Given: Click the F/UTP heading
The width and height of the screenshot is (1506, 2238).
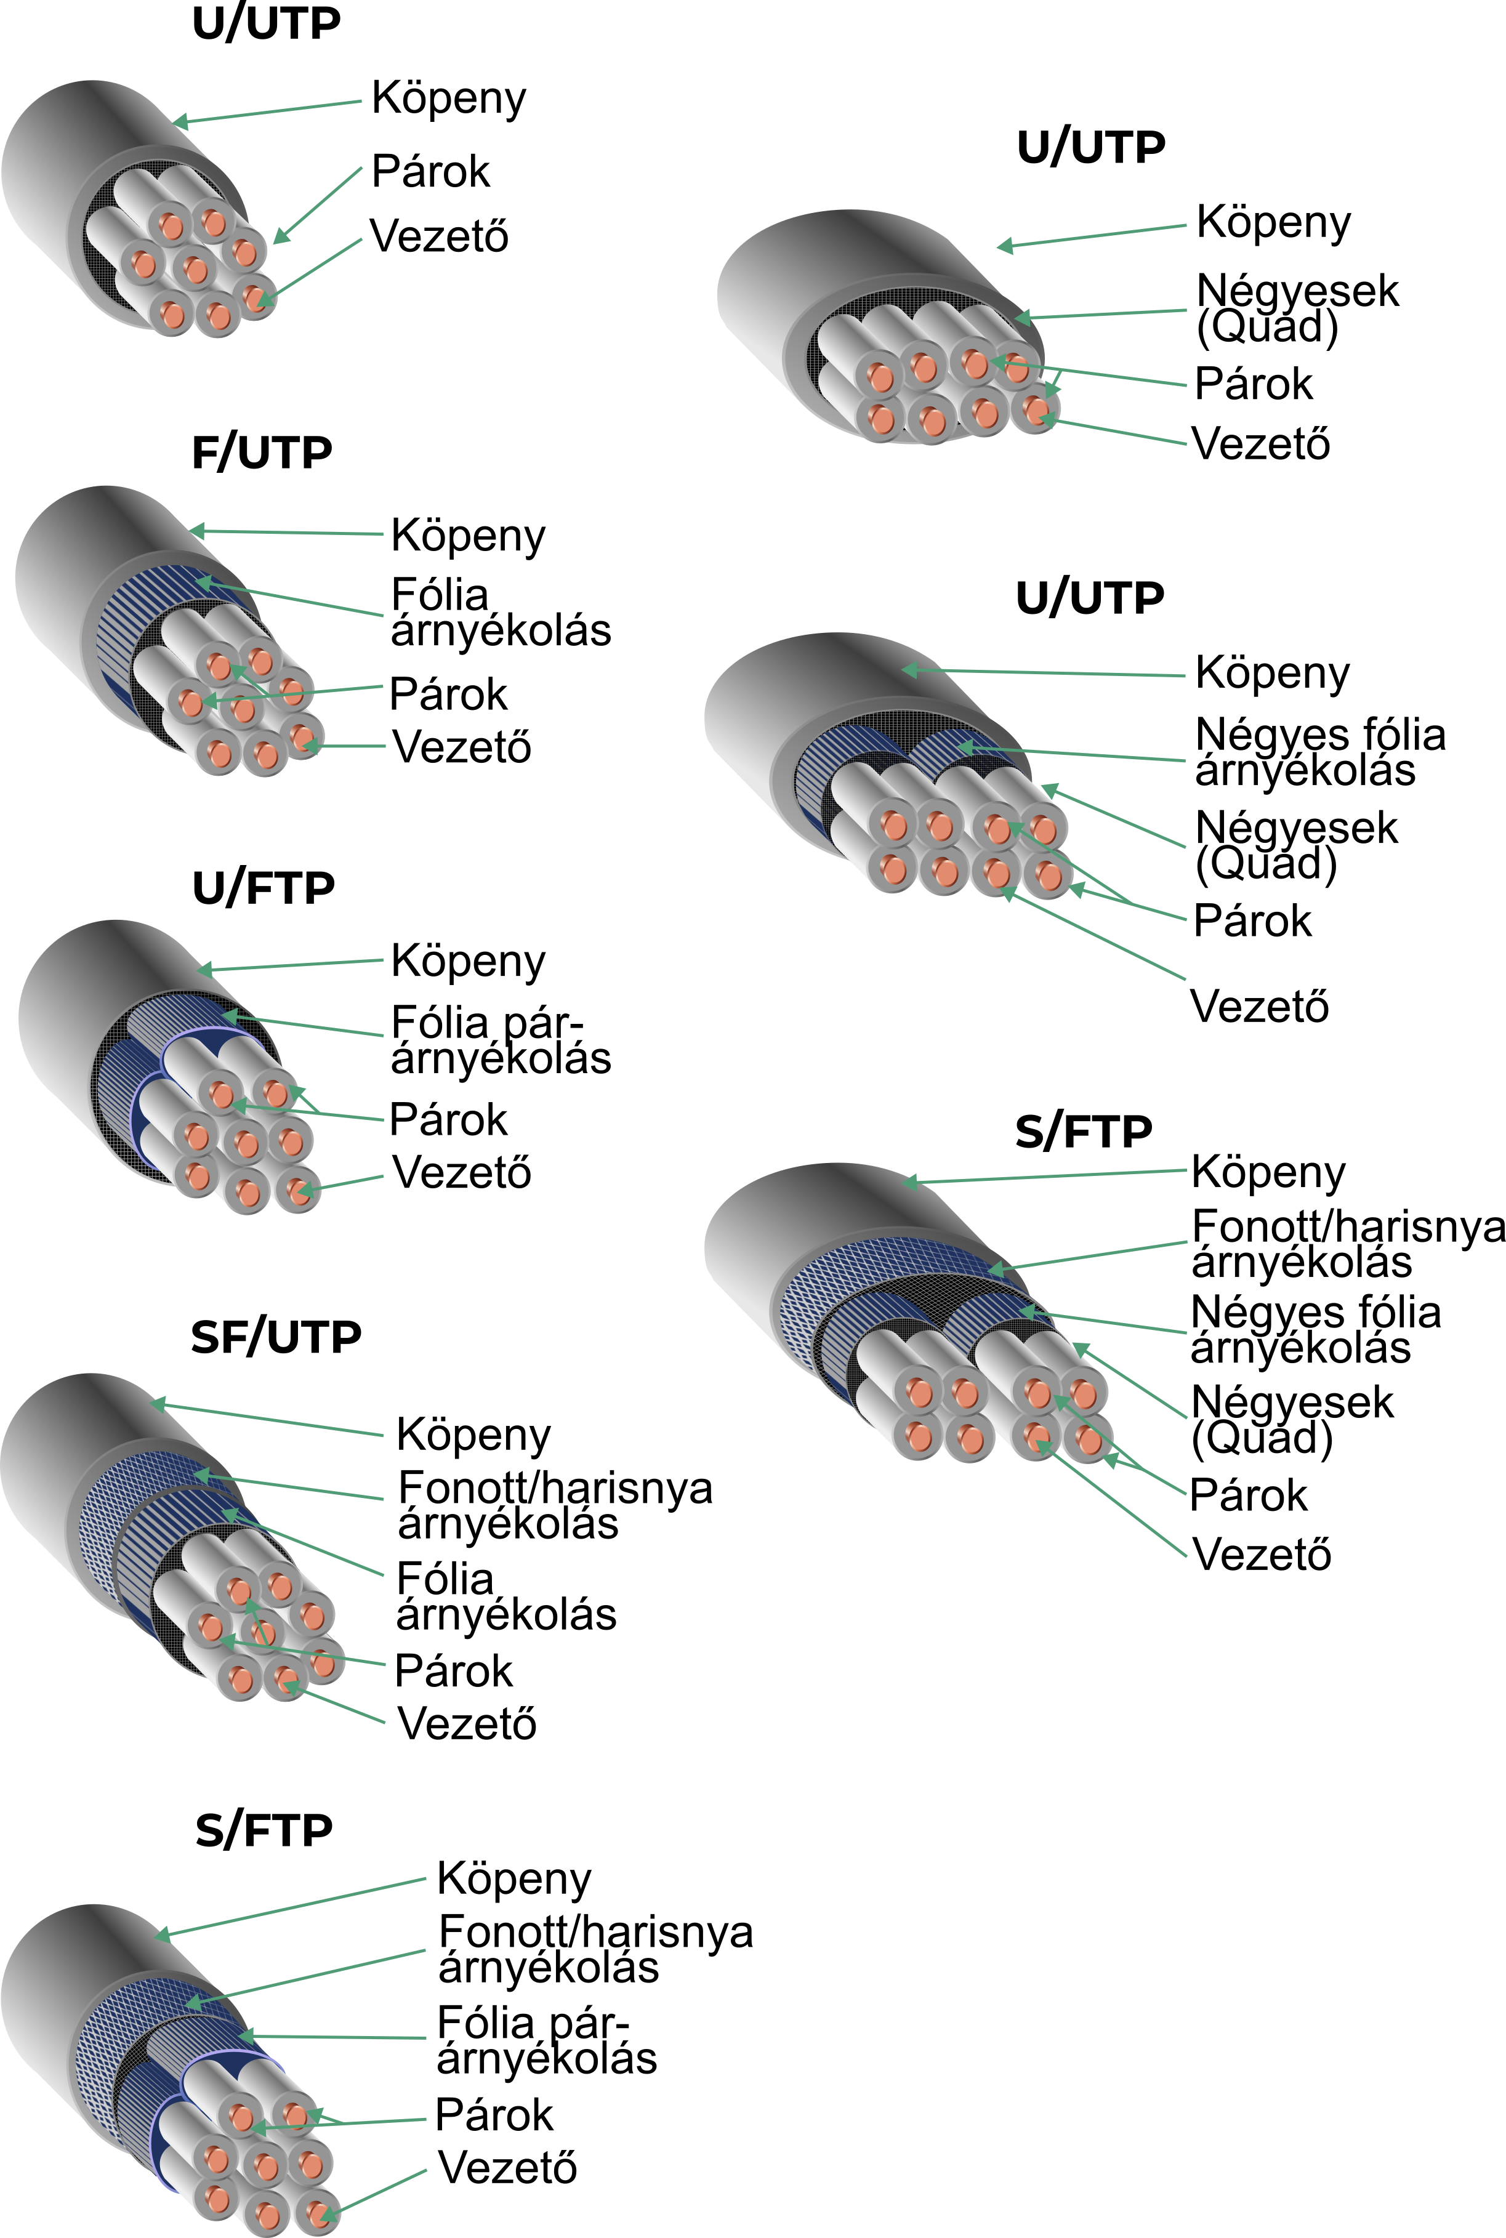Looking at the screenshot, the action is (x=262, y=453).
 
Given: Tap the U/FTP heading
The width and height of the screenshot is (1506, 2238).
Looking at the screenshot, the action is (x=263, y=888).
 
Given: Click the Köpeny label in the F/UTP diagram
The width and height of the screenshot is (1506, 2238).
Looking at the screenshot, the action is (x=469, y=536).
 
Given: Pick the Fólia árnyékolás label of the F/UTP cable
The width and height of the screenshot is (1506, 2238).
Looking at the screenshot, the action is (x=501, y=613).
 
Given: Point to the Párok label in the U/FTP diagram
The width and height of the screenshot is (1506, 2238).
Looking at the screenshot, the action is (x=448, y=1119).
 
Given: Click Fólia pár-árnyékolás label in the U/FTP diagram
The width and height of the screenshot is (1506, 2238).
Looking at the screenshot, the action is (x=501, y=1041).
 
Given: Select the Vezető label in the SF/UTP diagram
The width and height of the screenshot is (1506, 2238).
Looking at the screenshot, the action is (x=467, y=1723).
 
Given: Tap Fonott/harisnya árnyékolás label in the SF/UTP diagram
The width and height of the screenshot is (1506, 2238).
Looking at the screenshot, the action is (x=555, y=1505).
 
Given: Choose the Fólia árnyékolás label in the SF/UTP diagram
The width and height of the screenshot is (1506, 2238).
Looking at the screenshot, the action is (x=506, y=1596).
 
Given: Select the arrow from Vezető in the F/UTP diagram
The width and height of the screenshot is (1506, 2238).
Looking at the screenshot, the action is (x=343, y=746).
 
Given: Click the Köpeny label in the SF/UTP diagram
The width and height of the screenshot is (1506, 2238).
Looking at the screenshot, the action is (x=473, y=1435).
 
